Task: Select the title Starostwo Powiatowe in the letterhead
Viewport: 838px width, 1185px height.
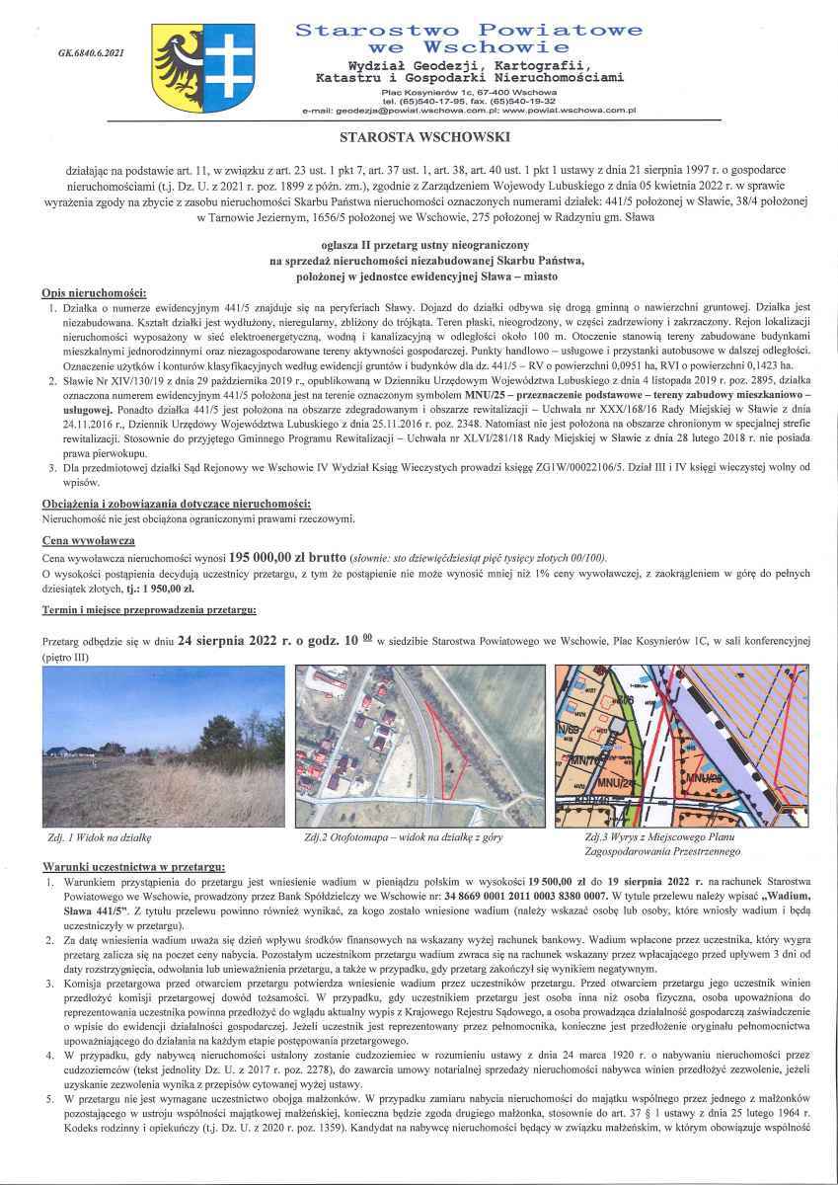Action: [x=469, y=32]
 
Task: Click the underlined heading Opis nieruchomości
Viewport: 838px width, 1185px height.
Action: [x=94, y=294]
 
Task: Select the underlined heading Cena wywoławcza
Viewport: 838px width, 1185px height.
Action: [x=82, y=541]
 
